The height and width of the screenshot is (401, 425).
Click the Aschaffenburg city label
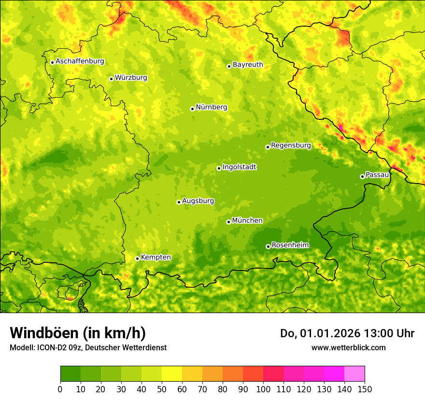coord(80,61)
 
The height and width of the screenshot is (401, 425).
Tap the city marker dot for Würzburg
coord(111,79)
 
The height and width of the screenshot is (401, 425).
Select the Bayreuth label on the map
coord(248,65)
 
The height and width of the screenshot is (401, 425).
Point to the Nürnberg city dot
coord(192,109)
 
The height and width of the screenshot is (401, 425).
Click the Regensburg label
coord(291,145)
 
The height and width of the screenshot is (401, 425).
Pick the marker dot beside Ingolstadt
coord(219,168)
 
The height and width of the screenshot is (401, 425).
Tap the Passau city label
coord(377,175)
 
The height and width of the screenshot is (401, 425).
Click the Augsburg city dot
coord(179,202)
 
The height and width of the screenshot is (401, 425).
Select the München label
coord(247,221)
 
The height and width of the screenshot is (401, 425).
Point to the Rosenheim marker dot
coord(268,246)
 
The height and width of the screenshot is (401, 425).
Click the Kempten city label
coord(156,258)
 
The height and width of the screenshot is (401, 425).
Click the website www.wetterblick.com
coord(348,347)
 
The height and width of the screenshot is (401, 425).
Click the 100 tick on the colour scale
coord(263,389)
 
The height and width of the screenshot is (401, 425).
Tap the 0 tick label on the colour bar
coord(60,389)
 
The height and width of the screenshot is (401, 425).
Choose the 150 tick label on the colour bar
coord(365,389)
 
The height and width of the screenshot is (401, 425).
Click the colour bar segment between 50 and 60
coord(172,374)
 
